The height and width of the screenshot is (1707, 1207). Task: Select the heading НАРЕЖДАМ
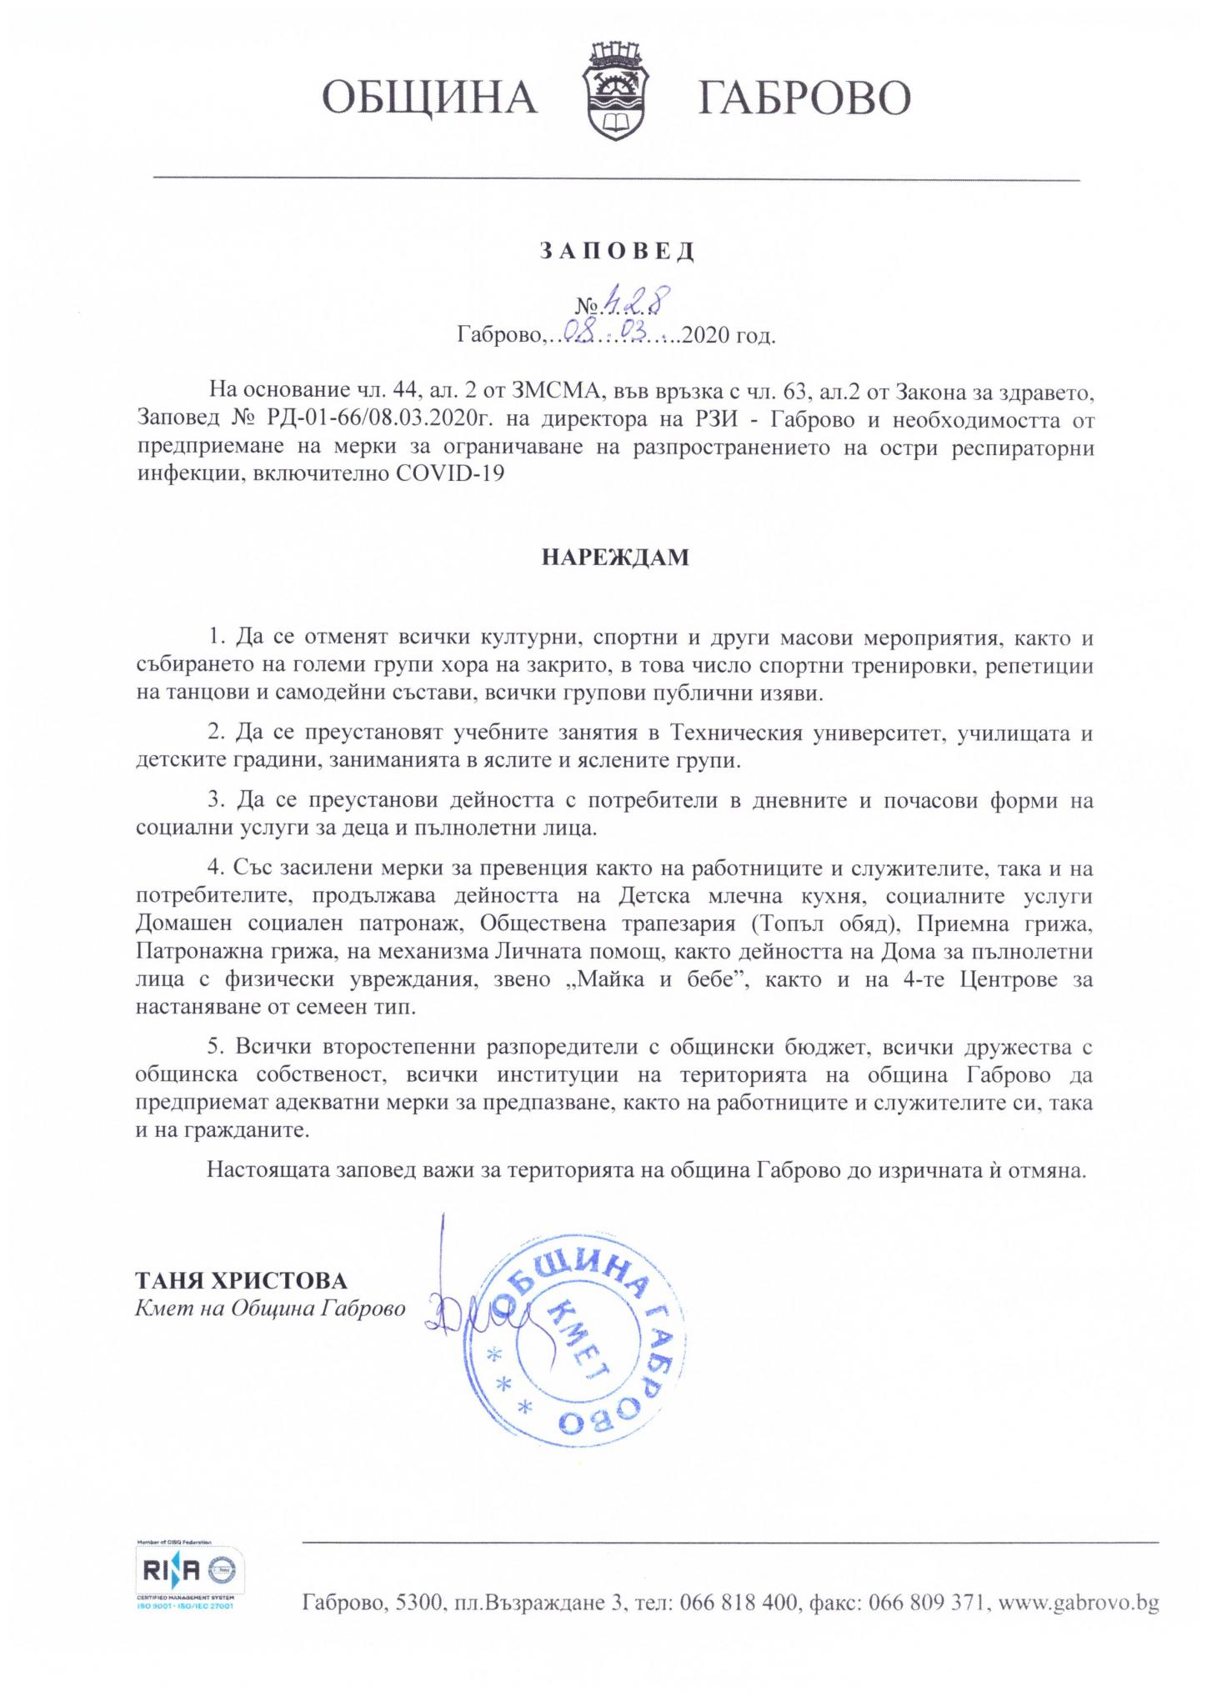tap(616, 558)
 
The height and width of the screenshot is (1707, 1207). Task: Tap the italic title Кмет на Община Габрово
tap(270, 1309)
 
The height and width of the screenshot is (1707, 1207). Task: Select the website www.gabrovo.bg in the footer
tap(1078, 1603)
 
